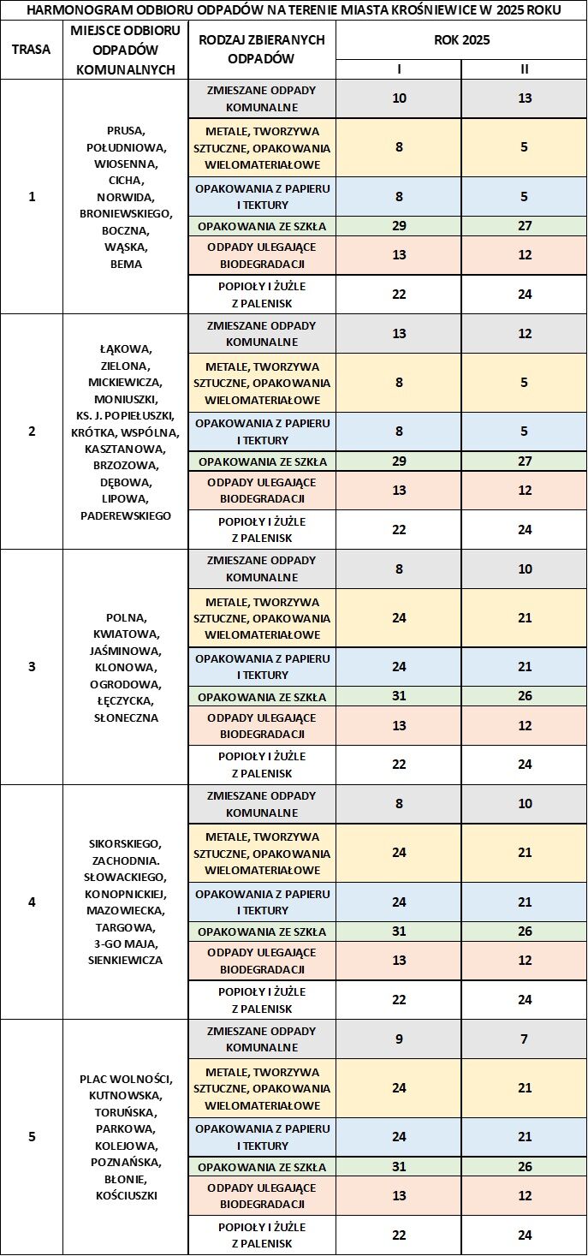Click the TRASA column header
coord(32,49)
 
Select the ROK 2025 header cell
coord(461,40)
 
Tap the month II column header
coord(525,69)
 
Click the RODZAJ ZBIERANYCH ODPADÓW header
coord(261,50)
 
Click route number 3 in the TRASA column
coord(32,666)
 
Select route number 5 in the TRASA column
coord(32,1137)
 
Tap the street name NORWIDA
coord(126,197)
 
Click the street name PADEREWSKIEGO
coord(126,515)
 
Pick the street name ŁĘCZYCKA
coord(126,701)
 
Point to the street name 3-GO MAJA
coord(126,943)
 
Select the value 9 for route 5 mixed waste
coord(399,1039)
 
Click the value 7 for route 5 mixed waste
coord(525,1039)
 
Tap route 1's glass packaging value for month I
coord(399,226)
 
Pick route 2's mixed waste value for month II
coord(525,333)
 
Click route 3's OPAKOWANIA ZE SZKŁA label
coord(262,696)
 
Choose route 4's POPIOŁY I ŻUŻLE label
coord(262,1000)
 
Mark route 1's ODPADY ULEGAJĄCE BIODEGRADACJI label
coord(262,255)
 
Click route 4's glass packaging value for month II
coord(525,932)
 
